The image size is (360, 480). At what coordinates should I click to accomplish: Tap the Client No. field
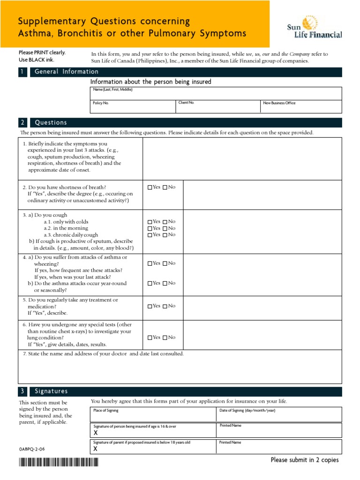pos(217,106)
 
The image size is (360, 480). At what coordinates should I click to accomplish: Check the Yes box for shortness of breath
pos(150,187)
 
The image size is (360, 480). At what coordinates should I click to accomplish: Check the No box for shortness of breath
pos(165,187)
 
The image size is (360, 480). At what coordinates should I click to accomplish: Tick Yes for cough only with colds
pos(150,222)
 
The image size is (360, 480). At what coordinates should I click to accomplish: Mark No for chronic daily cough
pos(165,235)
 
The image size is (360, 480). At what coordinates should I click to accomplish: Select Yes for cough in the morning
pos(150,228)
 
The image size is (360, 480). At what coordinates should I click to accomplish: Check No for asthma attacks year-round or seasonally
pos(165,284)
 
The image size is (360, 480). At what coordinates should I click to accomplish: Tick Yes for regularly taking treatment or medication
pos(150,307)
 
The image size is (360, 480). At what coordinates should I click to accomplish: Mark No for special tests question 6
pos(165,337)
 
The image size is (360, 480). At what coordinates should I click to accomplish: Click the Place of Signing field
pos(153,414)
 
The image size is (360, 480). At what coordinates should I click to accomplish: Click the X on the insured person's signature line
pos(96,434)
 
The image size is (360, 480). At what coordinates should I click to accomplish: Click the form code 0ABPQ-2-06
pos(32,449)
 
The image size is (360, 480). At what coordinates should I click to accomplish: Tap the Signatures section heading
pos(51,391)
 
